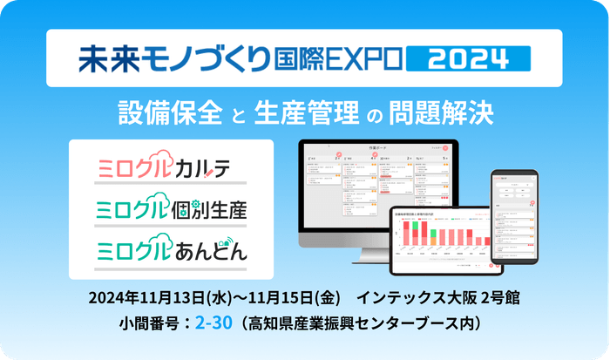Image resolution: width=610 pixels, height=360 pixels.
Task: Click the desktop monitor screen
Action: pyautogui.click(x=375, y=180)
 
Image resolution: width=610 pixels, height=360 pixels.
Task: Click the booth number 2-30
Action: pyautogui.click(x=213, y=323)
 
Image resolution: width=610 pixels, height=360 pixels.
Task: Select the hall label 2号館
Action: pyautogui.click(x=497, y=297)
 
